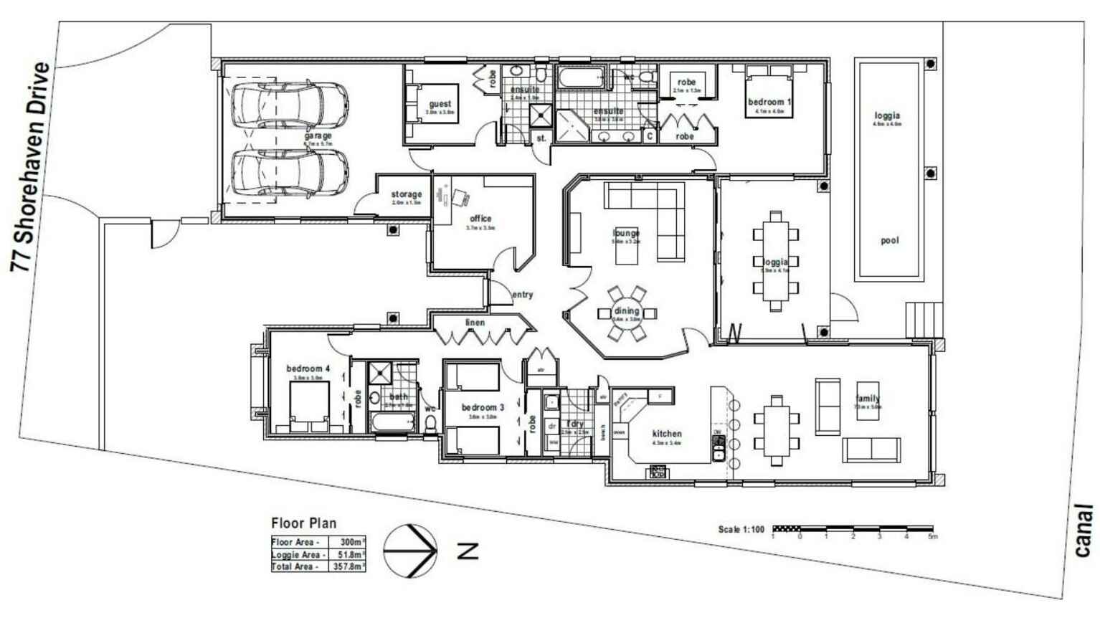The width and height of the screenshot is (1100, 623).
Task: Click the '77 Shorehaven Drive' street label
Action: (x=32, y=167)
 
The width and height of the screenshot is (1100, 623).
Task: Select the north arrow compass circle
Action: (x=410, y=551)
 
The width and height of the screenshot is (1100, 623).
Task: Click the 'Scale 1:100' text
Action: (x=741, y=529)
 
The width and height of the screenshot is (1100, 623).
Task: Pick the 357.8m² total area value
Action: (x=349, y=566)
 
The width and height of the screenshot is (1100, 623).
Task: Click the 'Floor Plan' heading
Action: (x=303, y=523)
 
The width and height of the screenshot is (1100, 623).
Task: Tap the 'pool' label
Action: (x=889, y=240)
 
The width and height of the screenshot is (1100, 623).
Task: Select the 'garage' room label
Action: (x=318, y=135)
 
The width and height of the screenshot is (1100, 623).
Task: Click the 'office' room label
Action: (x=480, y=219)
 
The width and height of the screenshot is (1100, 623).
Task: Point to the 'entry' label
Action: (x=522, y=295)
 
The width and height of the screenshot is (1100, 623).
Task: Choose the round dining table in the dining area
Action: (x=626, y=313)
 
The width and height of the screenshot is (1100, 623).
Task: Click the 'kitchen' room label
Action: (x=667, y=434)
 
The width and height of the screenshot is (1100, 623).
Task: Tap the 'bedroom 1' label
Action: (x=769, y=102)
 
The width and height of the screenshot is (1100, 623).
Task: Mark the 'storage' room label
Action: (x=407, y=194)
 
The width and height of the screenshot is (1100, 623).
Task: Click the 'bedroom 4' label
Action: (x=308, y=368)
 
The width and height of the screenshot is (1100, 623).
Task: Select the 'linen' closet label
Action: (x=475, y=323)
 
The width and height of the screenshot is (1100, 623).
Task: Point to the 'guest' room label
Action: (x=440, y=104)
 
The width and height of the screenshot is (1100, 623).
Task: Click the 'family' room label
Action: (x=868, y=399)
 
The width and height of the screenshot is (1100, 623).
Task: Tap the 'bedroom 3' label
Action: (x=483, y=407)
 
